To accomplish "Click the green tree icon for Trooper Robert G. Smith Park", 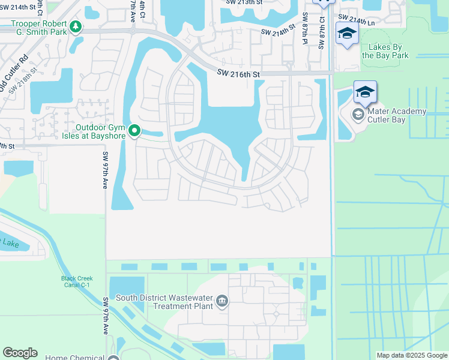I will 75,26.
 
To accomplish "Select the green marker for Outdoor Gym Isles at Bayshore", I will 135,130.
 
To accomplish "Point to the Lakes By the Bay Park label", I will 385,51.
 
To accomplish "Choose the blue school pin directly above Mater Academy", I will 365,93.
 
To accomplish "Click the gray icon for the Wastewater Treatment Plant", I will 222,301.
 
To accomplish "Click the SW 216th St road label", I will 239,74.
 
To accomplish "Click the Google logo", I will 20,352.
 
